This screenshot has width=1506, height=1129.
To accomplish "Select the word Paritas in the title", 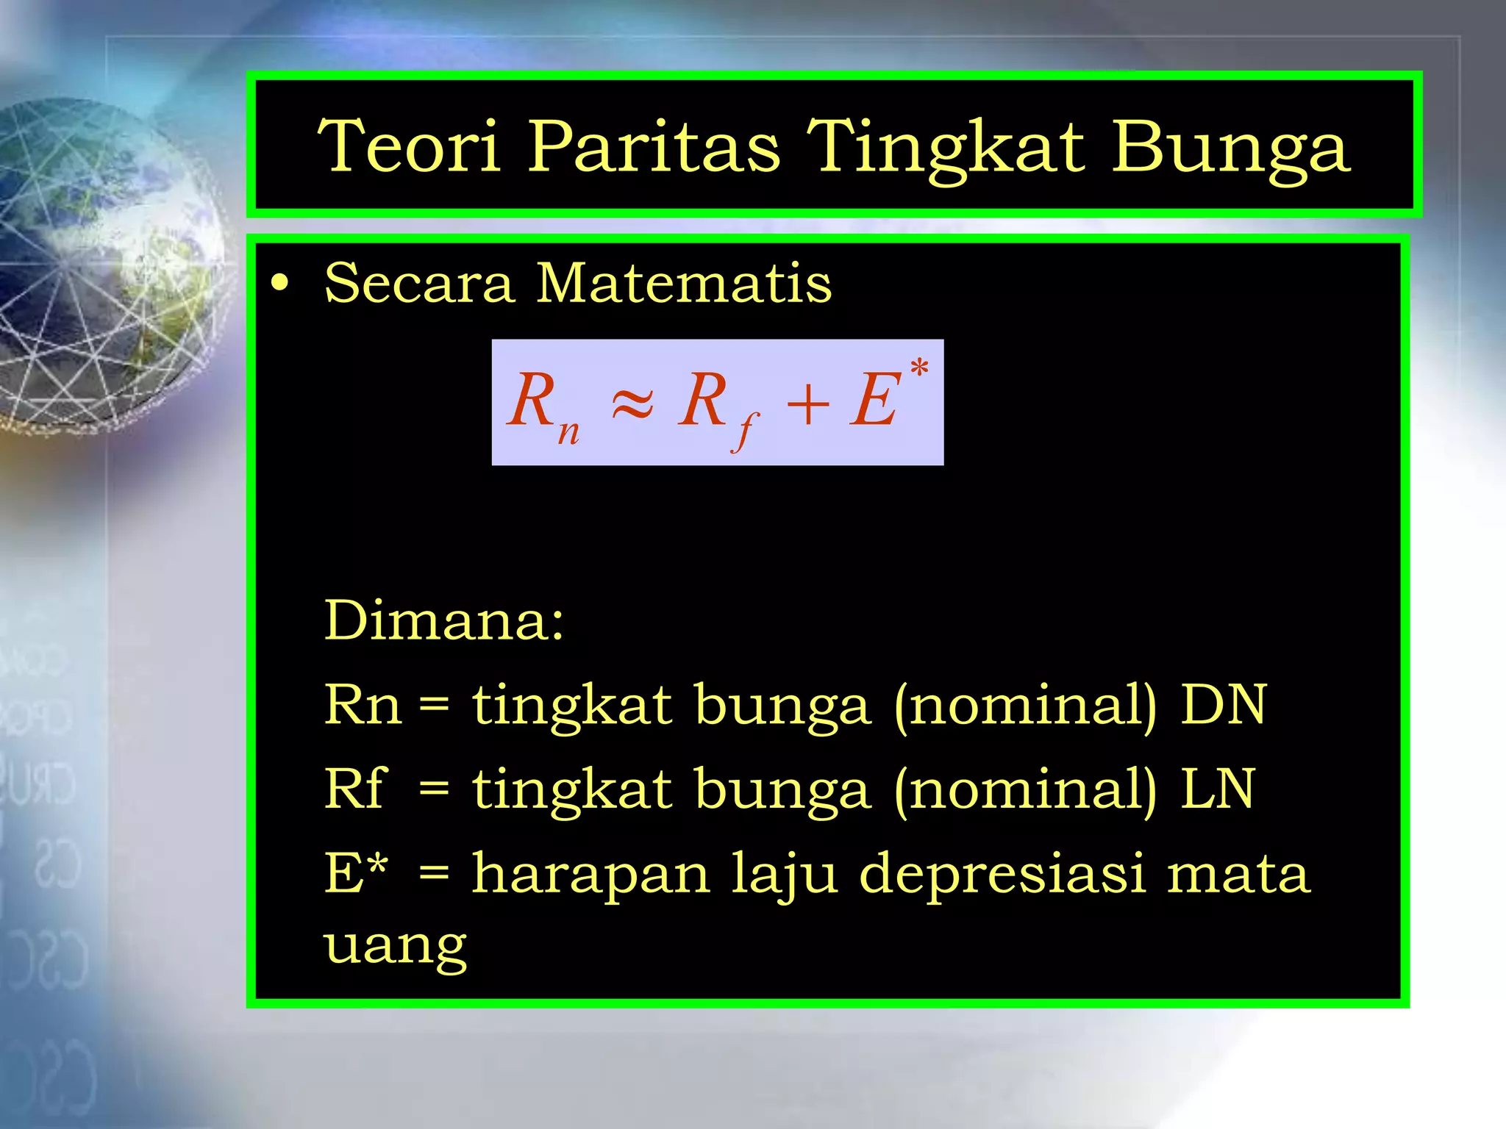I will click(x=654, y=146).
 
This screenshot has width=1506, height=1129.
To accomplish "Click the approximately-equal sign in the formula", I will click(x=632, y=404).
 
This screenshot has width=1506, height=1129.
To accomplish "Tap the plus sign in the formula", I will click(x=807, y=404).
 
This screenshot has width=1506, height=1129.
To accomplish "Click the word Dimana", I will click(x=443, y=621).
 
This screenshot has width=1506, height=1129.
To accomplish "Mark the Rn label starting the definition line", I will click(x=363, y=705).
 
